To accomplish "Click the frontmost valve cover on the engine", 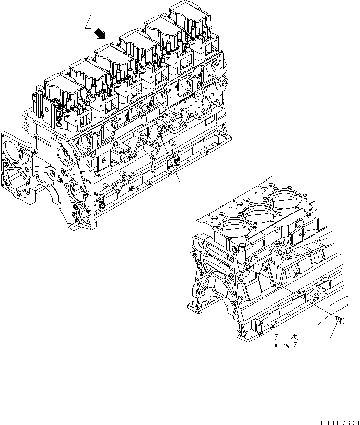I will pyautogui.click(x=59, y=88).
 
